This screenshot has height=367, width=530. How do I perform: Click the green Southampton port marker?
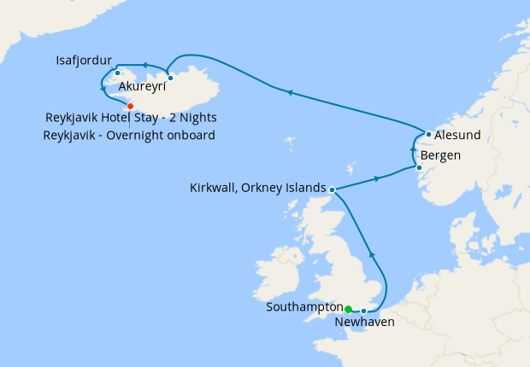tap(348, 309)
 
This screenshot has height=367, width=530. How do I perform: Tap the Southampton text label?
tap(304, 306)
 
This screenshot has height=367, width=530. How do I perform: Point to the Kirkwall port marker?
tap(332, 189)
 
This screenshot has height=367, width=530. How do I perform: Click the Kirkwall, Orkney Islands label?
tap(259, 188)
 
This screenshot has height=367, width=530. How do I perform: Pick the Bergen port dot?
tap(419, 167)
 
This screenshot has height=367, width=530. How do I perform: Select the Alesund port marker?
tap(428, 134)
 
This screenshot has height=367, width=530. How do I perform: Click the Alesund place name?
tap(458, 135)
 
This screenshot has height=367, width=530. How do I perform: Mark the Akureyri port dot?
tap(170, 79)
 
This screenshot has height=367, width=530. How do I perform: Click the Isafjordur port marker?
tap(117, 73)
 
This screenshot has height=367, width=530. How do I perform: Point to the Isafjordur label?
tap(84, 61)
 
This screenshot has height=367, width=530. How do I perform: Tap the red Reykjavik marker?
tap(130, 106)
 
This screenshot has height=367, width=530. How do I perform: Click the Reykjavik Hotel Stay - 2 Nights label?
tap(132, 118)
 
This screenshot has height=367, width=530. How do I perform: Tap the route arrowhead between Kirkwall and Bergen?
tap(377, 179)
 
